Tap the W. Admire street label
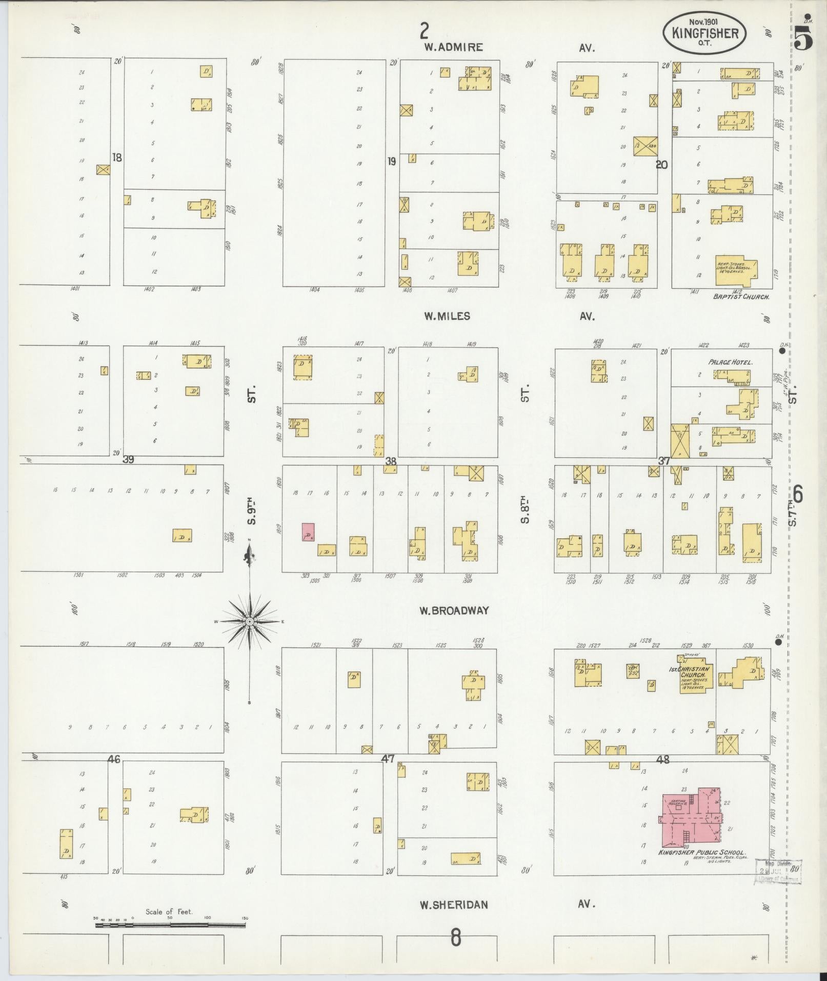coord(453,47)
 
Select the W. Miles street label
coord(447,316)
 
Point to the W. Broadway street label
coord(454,610)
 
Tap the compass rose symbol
coord(250,622)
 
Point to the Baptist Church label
coord(741,296)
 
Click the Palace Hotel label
coord(730,362)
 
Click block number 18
coord(117,157)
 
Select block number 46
coord(113,759)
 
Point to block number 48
coord(662,759)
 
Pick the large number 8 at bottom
coord(455,938)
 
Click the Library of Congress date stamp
coord(778,872)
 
